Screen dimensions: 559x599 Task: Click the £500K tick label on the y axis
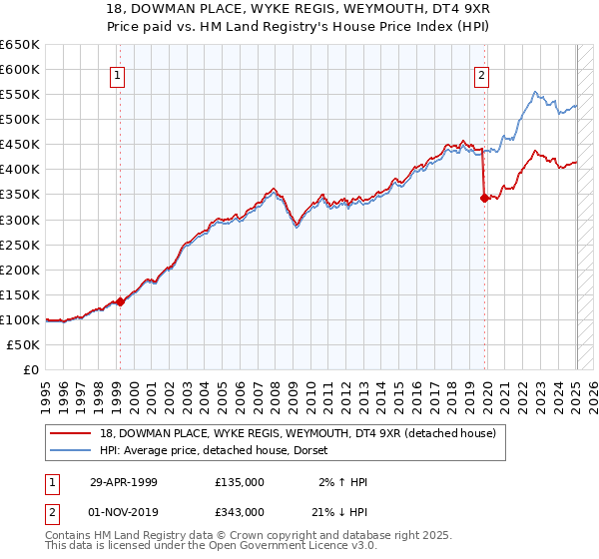[x=21, y=119]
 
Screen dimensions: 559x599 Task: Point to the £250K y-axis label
[x=21, y=245]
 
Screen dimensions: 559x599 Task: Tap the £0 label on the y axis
[x=30, y=369]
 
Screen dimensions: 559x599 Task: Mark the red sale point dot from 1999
[x=121, y=301]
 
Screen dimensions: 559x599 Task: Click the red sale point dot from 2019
[x=484, y=198]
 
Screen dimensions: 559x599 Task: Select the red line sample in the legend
[x=70, y=433]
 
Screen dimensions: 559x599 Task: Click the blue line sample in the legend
[x=70, y=450]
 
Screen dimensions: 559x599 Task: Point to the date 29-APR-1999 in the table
[x=124, y=482]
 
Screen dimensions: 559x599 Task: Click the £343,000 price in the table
[x=240, y=511]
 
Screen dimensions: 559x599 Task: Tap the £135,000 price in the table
[x=240, y=482]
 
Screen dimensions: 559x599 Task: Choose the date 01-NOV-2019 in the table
[x=125, y=511]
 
